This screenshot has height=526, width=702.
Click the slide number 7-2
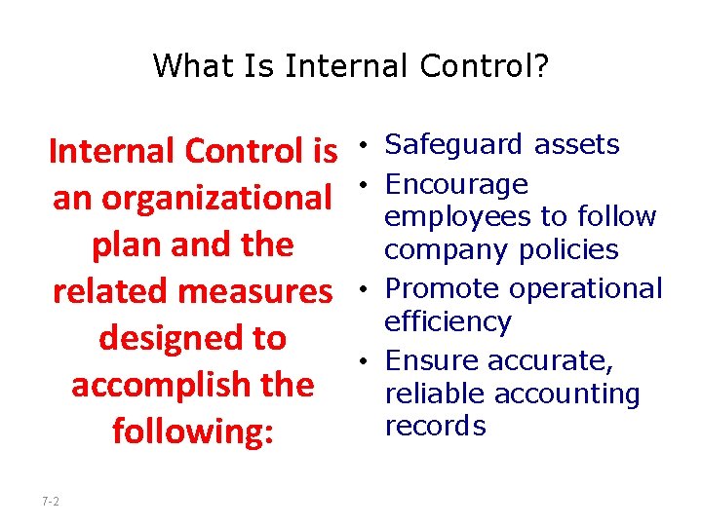[51, 501]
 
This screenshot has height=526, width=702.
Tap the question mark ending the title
[541, 66]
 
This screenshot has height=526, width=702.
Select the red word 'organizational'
[217, 198]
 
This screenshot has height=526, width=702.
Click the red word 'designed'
[164, 338]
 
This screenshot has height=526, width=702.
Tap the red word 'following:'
[192, 431]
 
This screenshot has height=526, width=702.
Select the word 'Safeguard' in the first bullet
[444, 145]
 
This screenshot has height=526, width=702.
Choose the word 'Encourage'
[456, 184]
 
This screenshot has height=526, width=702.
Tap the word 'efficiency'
[448, 322]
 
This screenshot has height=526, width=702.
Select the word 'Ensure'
[432, 360]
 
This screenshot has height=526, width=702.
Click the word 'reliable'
[435, 394]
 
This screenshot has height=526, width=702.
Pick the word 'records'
[435, 427]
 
